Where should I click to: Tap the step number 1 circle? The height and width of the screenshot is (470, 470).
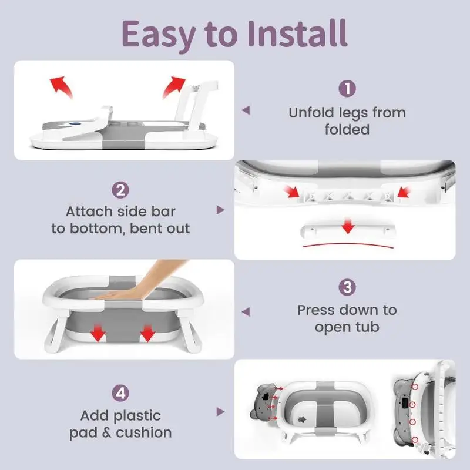click(347, 89)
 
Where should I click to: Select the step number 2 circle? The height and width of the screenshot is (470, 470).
click(120, 190)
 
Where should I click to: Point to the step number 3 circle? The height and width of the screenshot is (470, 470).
click(347, 287)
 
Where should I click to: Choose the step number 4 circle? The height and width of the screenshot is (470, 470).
click(120, 393)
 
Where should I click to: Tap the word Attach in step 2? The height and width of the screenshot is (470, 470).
click(89, 211)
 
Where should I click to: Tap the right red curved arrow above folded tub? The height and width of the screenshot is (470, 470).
click(174, 86)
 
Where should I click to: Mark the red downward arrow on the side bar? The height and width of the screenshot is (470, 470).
click(348, 226)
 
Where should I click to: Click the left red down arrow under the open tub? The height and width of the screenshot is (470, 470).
click(98, 332)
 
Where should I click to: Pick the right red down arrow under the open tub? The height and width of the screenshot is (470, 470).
click(147, 332)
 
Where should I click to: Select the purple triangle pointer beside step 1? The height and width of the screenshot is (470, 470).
click(246, 110)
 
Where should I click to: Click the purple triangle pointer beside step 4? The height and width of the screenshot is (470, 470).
click(220, 412)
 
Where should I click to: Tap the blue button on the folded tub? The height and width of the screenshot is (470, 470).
click(73, 123)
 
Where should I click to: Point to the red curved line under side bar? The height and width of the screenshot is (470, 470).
click(348, 245)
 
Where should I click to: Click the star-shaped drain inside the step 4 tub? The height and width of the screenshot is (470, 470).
click(301, 419)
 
